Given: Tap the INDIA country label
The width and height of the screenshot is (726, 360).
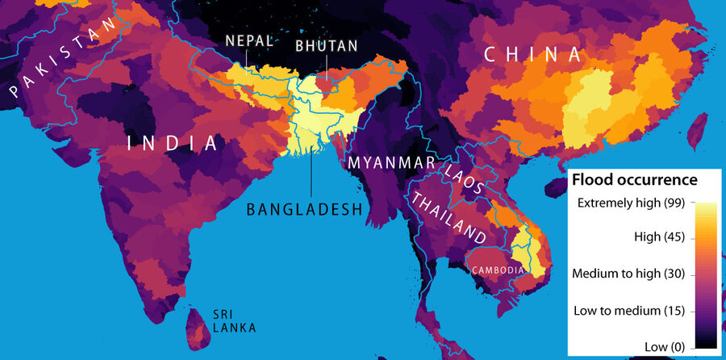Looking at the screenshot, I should coord(173,144).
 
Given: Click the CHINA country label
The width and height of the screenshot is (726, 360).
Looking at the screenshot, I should coord(532,55).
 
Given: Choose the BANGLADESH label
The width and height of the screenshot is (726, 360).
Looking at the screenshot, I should coord(303,210).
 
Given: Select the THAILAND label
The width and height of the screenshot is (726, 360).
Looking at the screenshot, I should coord(449,218).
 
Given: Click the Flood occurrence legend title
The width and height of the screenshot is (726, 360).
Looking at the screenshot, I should coord(633,179).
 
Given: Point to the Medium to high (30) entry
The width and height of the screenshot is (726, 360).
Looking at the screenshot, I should coord(628,274).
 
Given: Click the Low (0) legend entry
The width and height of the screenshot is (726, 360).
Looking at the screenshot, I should coord(661,345).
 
